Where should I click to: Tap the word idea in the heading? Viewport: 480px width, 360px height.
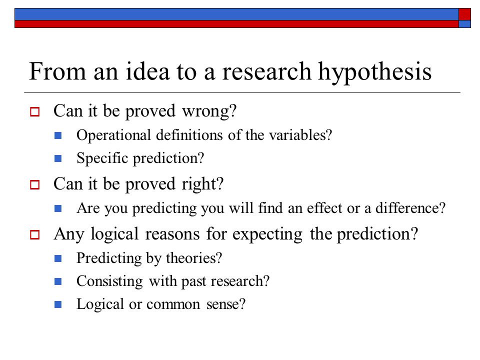click(x=147, y=71)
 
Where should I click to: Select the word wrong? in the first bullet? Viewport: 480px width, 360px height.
click(x=209, y=111)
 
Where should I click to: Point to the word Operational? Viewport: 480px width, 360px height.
click(x=113, y=135)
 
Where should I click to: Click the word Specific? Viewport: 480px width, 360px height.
click(x=102, y=158)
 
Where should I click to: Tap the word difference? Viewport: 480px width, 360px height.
click(x=410, y=208)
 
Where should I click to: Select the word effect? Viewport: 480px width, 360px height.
click(x=324, y=208)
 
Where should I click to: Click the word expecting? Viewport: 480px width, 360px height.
click(x=267, y=235)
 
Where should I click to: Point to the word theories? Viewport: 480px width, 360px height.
click(x=194, y=258)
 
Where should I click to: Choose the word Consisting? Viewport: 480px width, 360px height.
click(x=109, y=281)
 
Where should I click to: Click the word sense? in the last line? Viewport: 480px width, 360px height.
click(x=226, y=304)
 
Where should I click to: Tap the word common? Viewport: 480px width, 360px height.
click(x=173, y=305)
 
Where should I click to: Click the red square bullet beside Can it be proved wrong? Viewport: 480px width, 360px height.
click(x=34, y=111)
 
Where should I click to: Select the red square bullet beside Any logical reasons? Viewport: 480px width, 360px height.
click(x=34, y=235)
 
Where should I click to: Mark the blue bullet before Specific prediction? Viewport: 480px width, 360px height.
click(x=58, y=158)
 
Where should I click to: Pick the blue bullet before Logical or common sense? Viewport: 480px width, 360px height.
click(x=58, y=304)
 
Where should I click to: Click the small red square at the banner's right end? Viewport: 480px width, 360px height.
click(x=464, y=14)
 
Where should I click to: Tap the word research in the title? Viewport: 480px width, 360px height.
click(x=266, y=71)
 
